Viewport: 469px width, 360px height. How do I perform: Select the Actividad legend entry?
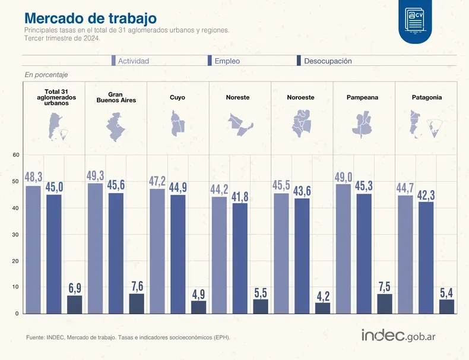point(130,61)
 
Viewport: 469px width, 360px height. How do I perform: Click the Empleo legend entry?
point(224,61)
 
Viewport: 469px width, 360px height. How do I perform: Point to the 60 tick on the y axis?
point(17,156)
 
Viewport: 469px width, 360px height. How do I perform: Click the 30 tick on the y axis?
point(17,235)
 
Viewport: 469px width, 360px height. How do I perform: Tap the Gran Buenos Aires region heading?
point(116,97)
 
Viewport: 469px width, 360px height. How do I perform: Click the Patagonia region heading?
point(426,97)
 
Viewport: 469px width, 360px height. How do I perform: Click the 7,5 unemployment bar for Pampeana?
point(385,303)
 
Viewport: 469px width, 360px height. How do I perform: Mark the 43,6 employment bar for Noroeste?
point(302,255)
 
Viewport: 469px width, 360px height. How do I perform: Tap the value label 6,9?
point(75,289)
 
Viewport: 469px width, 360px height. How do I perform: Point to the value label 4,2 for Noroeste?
point(323,296)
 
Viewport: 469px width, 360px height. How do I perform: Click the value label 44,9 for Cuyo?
point(178,188)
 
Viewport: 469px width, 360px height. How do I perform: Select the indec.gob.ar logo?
point(399,335)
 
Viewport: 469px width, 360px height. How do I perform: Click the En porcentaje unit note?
point(46,75)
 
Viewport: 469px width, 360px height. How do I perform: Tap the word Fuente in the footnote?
point(36,337)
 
